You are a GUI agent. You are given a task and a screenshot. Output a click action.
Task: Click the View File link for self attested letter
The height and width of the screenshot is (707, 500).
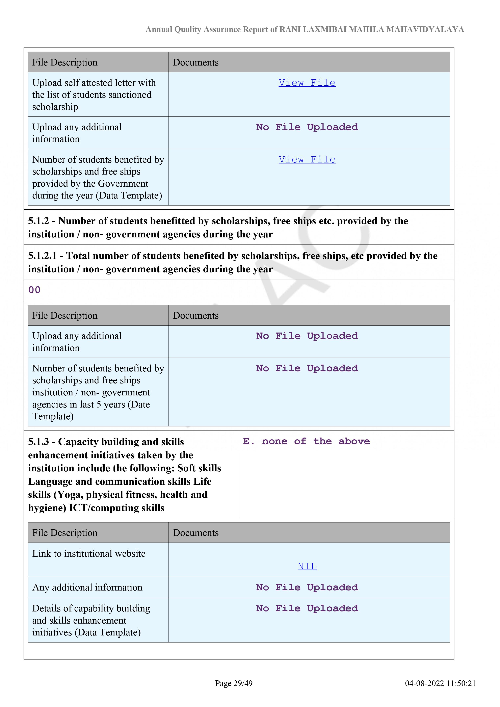(x=307, y=83)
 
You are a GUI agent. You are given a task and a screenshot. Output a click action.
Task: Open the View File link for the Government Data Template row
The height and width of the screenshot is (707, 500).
(x=307, y=159)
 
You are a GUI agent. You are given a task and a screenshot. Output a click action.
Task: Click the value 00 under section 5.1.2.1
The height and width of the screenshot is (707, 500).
(x=34, y=290)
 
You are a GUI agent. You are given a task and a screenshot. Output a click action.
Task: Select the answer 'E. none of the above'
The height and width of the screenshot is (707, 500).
(x=306, y=441)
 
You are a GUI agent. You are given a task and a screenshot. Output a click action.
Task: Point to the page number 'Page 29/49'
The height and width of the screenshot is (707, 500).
(x=234, y=683)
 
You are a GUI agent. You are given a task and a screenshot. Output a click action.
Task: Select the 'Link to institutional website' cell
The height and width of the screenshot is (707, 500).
(x=89, y=553)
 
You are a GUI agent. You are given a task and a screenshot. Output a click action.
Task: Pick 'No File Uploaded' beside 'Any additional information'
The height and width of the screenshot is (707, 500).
(x=307, y=587)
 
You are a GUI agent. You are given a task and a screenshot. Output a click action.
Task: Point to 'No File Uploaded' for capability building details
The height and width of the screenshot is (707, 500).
(x=307, y=608)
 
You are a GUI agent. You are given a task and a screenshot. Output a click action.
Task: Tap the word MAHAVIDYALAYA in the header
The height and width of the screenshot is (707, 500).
(x=425, y=30)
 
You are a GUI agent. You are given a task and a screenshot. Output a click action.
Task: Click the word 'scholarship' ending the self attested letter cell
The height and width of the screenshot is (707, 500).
(x=55, y=107)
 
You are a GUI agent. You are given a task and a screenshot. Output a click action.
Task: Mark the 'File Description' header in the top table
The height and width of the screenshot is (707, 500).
(x=65, y=62)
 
